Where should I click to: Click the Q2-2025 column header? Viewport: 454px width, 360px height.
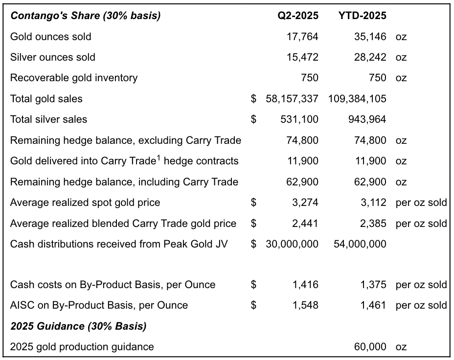[298, 15]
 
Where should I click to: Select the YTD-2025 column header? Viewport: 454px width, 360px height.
[362, 15]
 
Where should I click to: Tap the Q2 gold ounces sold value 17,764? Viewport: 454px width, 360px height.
[302, 37]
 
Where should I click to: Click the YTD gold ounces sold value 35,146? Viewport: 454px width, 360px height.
[370, 37]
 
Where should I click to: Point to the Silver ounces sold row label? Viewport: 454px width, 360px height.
[53, 57]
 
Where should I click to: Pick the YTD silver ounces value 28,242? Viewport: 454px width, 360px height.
[370, 57]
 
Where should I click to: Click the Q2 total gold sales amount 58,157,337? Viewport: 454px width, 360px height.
[292, 99]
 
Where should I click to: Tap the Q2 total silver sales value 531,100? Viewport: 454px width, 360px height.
[299, 119]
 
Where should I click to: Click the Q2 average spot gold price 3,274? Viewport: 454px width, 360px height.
[305, 202]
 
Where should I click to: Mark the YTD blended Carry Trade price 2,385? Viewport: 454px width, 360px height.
[373, 224]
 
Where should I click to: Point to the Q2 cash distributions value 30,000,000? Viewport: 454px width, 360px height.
[292, 244]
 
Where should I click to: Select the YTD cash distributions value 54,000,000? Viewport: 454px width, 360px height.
[360, 244]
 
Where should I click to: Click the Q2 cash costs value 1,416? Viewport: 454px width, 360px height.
[305, 285]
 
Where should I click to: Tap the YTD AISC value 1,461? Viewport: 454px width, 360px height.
[373, 305]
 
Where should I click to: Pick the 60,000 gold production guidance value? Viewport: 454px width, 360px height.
[370, 347]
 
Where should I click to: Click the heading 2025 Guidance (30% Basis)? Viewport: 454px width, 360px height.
[78, 326]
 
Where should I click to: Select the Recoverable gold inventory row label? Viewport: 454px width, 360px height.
[74, 78]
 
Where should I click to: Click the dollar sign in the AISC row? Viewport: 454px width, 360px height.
[253, 305]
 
